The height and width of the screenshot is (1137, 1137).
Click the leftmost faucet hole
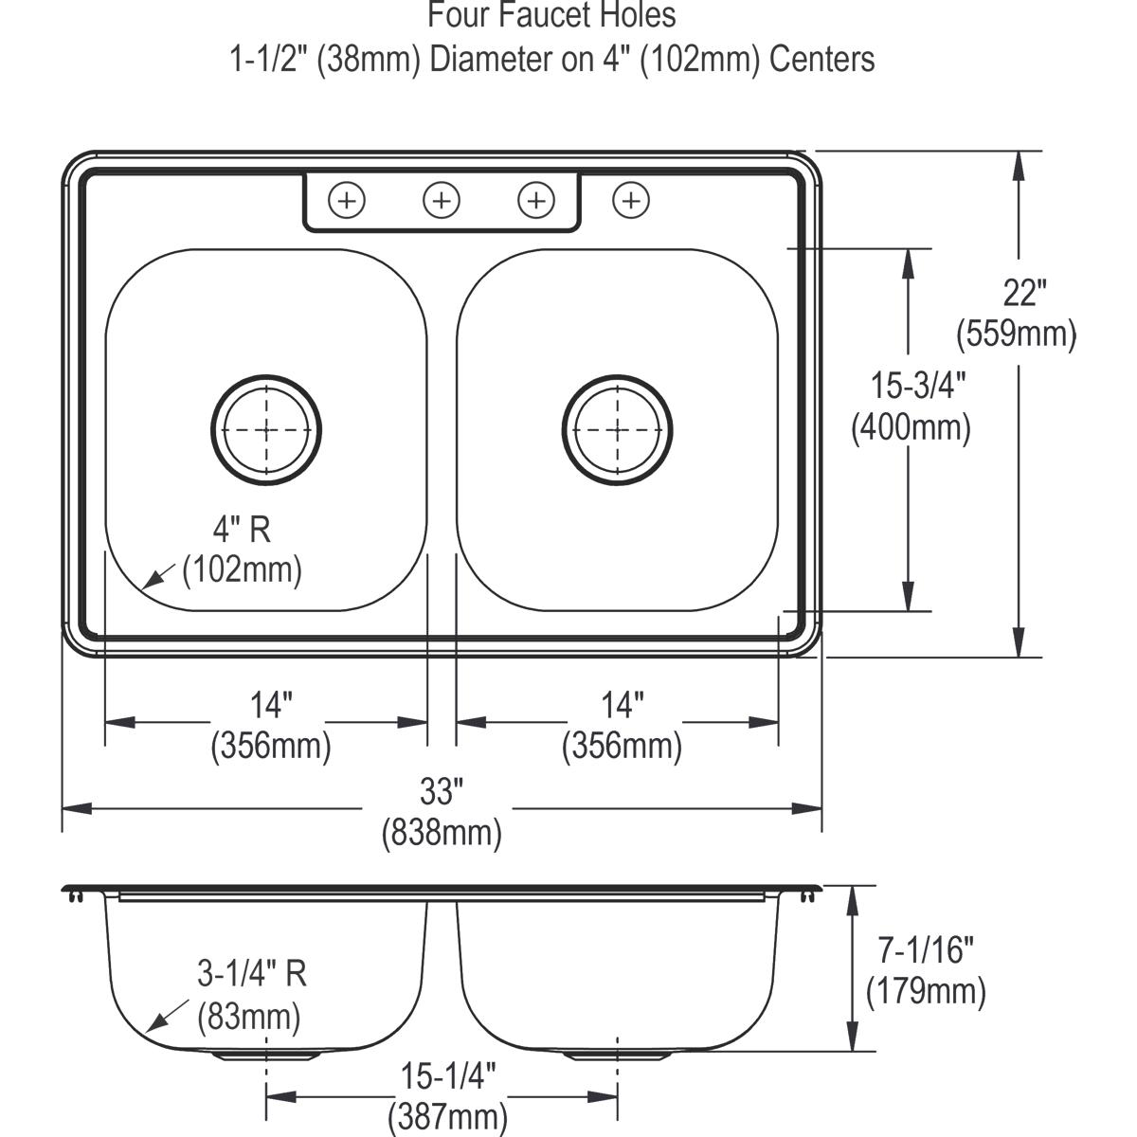(347, 200)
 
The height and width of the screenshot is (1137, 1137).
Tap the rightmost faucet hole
(631, 200)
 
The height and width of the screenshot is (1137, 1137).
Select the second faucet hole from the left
(442, 200)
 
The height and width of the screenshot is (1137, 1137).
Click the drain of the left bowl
(266, 429)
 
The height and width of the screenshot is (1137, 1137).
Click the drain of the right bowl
(618, 429)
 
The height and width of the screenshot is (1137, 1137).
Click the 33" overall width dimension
(442, 789)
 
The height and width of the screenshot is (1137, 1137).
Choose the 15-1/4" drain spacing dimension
(448, 1077)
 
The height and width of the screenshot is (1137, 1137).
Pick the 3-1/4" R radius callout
(252, 973)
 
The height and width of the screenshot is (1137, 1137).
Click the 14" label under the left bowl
(271, 704)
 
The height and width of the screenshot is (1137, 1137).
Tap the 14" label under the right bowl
(623, 704)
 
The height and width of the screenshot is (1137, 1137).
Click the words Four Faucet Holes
(551, 15)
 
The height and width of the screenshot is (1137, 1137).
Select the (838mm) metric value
(442, 834)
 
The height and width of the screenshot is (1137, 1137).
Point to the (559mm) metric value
(1017, 334)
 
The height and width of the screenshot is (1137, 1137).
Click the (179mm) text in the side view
(926, 992)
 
